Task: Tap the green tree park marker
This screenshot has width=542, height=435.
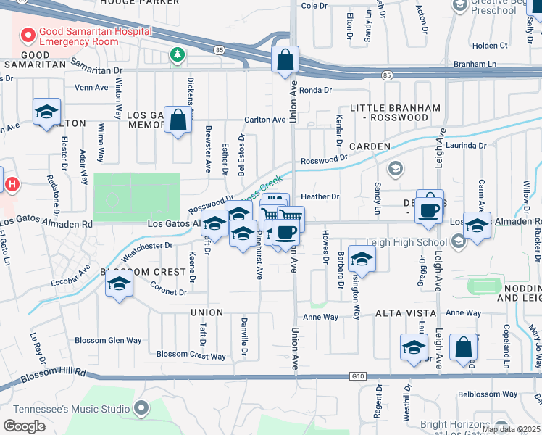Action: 176,54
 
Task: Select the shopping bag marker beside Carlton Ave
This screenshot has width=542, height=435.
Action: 178,120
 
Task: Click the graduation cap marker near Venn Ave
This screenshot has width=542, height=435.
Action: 46,112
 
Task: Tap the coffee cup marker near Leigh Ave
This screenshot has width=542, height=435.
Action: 429,210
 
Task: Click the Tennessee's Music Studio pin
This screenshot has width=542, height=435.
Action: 141,409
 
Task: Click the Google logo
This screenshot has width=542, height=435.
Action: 24,426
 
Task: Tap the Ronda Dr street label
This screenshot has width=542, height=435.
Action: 315,91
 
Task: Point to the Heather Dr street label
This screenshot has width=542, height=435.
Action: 320,196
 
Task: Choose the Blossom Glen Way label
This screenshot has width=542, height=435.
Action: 109,340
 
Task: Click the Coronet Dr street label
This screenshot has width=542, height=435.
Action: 169,292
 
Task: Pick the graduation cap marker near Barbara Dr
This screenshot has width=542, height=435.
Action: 362,258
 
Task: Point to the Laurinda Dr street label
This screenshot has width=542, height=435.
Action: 467,146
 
